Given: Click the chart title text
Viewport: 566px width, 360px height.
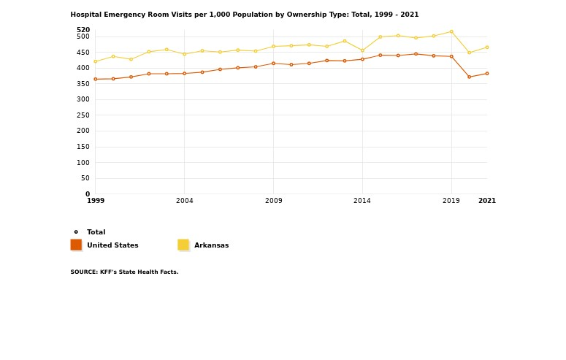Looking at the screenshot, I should tap(245, 15).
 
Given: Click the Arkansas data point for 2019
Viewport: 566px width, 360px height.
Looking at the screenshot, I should tap(451, 31).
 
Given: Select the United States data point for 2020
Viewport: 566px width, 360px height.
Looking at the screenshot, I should tap(469, 77).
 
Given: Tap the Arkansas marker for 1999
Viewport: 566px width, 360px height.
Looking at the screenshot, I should tap(95, 61).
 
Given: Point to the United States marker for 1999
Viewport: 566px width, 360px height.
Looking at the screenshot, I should tap(95, 79).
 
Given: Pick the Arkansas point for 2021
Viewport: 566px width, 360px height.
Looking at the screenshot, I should tap(487, 47).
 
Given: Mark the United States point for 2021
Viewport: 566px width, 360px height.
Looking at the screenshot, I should tap(487, 73).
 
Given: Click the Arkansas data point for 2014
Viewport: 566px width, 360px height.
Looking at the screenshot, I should tap(362, 50).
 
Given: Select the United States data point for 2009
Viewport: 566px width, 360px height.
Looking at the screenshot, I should tap(273, 64).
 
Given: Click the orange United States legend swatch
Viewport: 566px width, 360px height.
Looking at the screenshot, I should tap(76, 245).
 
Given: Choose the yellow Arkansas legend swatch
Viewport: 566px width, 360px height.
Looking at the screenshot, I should tap(183, 245).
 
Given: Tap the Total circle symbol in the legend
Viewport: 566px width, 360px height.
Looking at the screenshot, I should tap(76, 232).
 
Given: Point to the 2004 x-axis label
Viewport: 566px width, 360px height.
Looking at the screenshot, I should tap(184, 201).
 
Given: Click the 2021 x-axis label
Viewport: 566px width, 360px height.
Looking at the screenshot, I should tap(486, 201).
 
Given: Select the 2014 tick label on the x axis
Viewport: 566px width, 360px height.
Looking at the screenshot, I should tap(362, 201).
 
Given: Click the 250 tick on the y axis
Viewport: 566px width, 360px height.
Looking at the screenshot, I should tap(83, 115).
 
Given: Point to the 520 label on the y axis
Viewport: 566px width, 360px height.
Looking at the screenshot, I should tap(83, 30).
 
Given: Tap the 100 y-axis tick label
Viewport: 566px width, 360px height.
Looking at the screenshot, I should tap(83, 163).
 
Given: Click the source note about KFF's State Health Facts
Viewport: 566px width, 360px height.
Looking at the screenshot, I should tap(124, 272).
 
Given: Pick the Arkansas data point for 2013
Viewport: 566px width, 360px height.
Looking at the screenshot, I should tap(345, 41).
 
